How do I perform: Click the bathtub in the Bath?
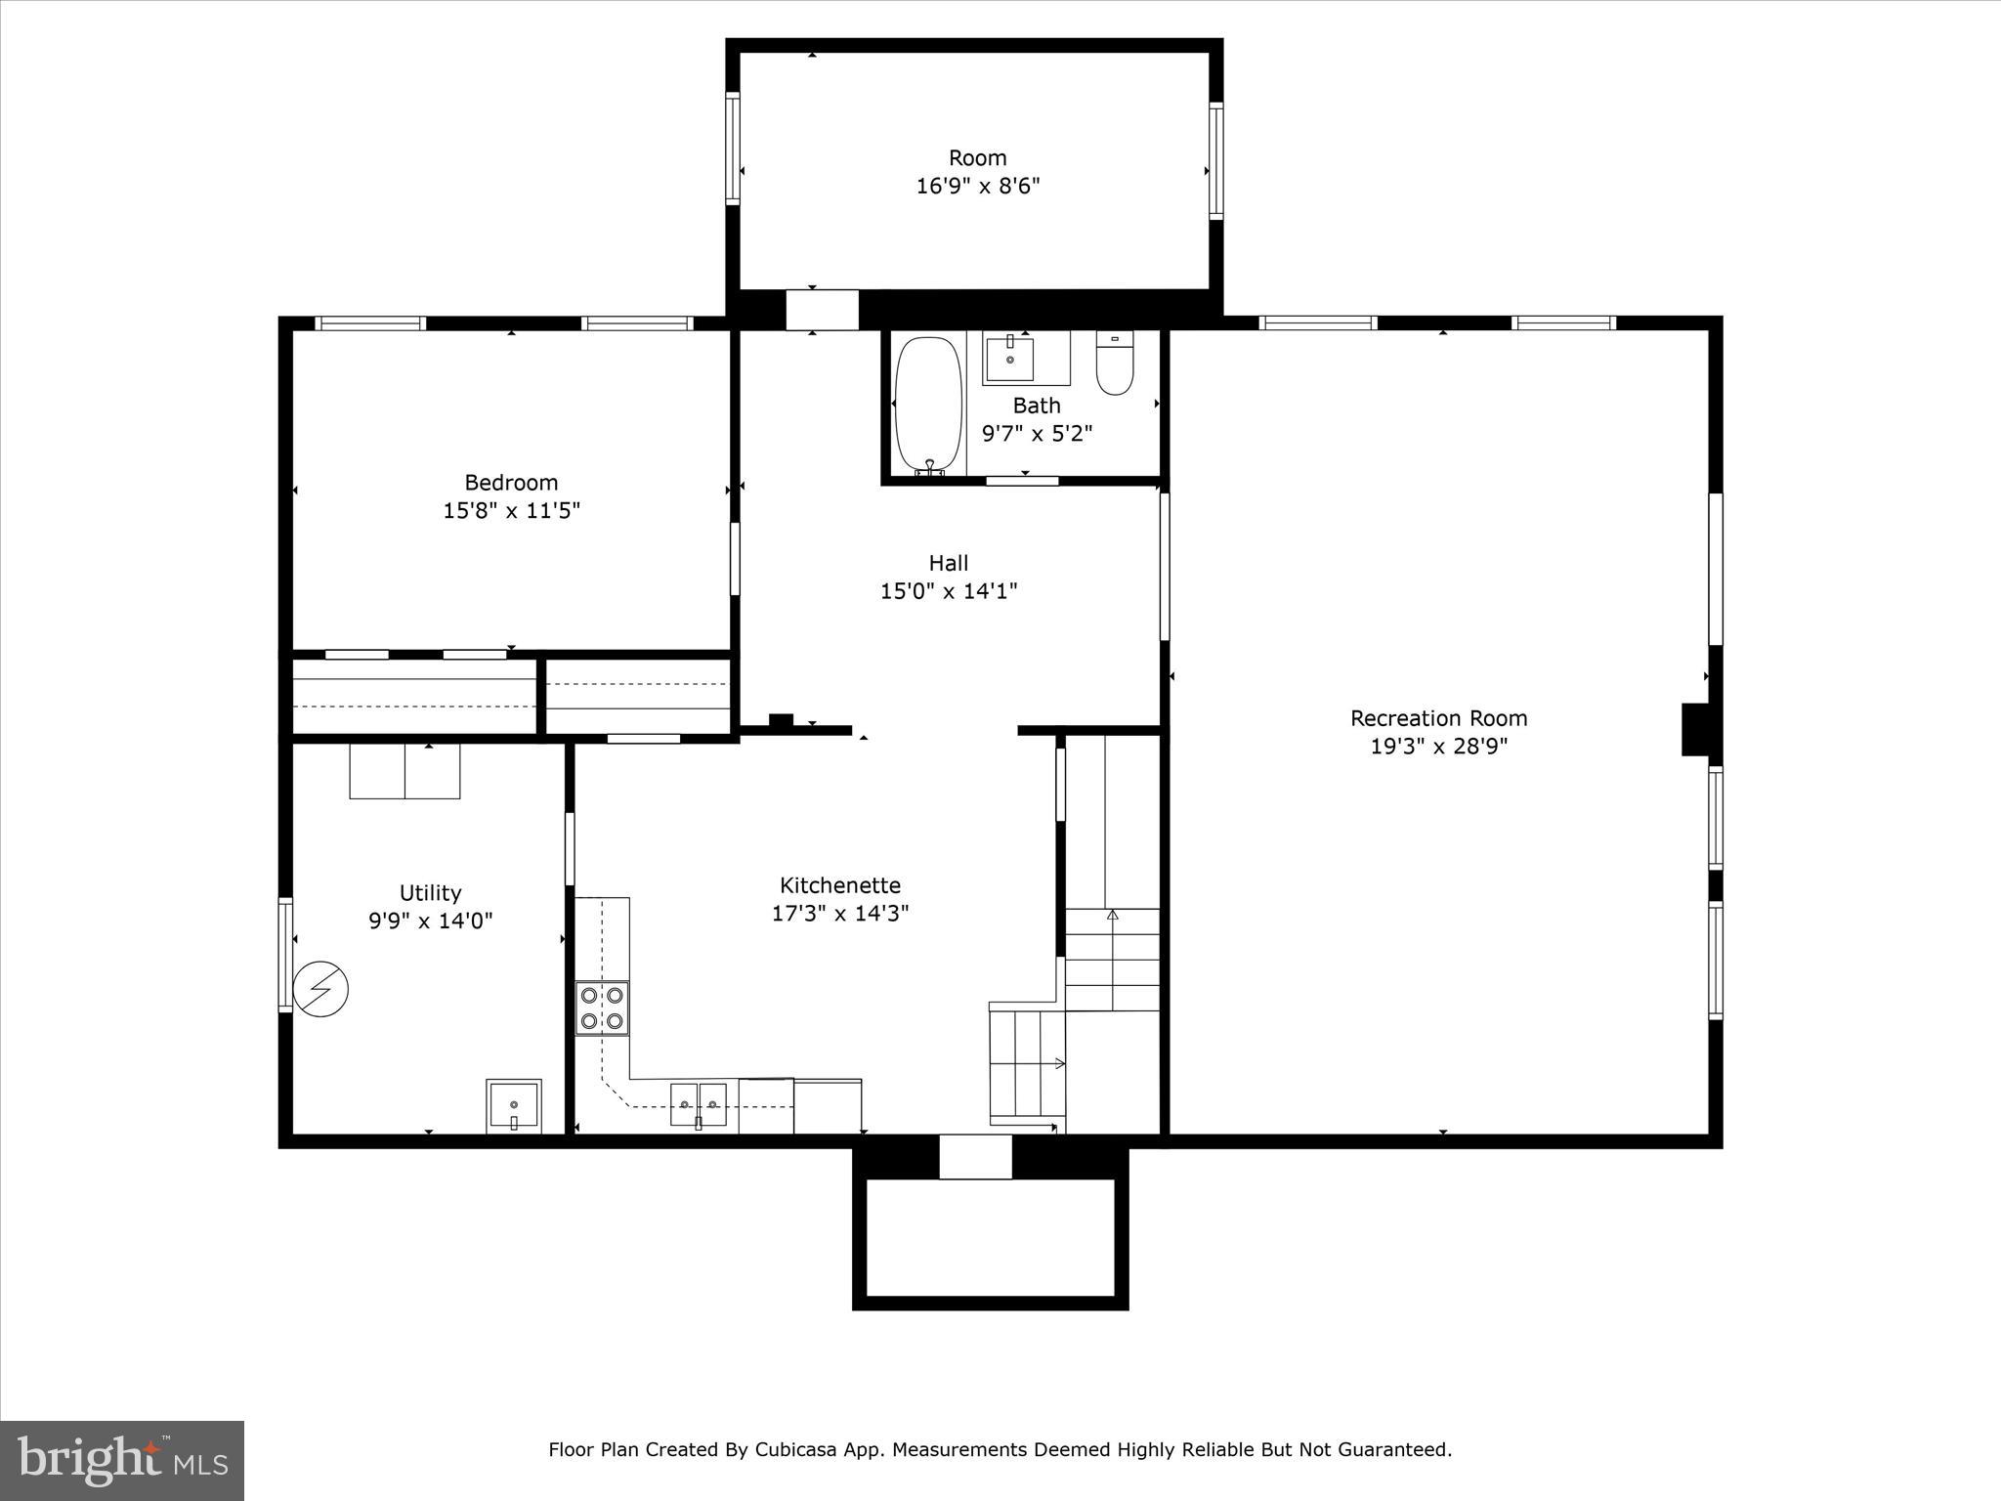pyautogui.click(x=928, y=404)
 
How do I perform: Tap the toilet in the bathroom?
pyautogui.click(x=1114, y=364)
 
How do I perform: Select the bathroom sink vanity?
pyautogui.click(x=1010, y=359)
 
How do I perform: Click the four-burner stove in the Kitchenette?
pyautogui.click(x=602, y=1008)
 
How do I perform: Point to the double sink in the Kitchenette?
pyautogui.click(x=699, y=1104)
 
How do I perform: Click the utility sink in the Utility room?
pyautogui.click(x=514, y=1106)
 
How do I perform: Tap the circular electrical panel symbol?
pyautogui.click(x=320, y=990)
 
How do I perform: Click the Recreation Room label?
pyautogui.click(x=1438, y=718)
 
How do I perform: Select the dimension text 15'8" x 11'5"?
pyautogui.click(x=511, y=510)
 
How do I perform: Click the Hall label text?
pyautogui.click(x=948, y=563)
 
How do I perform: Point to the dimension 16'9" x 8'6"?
pyautogui.click(x=977, y=186)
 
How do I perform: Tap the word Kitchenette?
pyautogui.click(x=839, y=885)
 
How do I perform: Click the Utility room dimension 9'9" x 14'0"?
pyautogui.click(x=430, y=921)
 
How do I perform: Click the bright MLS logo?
pyautogui.click(x=122, y=1460)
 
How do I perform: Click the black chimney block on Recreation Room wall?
pyautogui.click(x=1694, y=729)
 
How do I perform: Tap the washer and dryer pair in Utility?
pyautogui.click(x=404, y=771)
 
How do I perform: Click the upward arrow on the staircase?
pyautogui.click(x=1112, y=915)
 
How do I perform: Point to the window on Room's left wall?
pyautogui.click(x=733, y=148)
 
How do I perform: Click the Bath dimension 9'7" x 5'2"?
pyautogui.click(x=1036, y=433)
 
